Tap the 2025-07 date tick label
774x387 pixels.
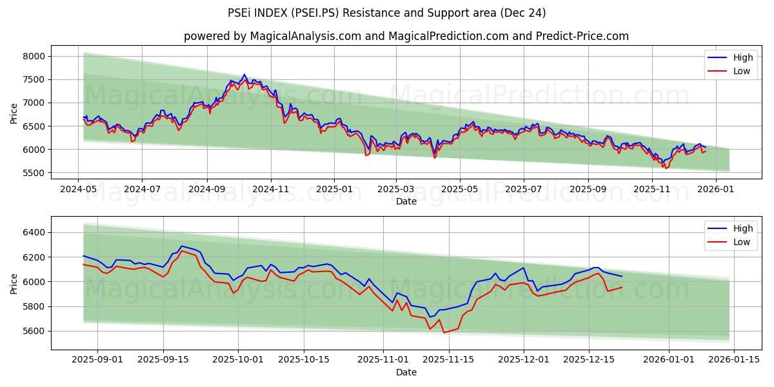[523, 190]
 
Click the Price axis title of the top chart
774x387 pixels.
[14, 114]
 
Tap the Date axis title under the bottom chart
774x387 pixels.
[406, 372]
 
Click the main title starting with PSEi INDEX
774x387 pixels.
[387, 13]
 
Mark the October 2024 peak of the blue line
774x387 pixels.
[244, 75]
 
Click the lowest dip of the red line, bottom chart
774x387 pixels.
[444, 333]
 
